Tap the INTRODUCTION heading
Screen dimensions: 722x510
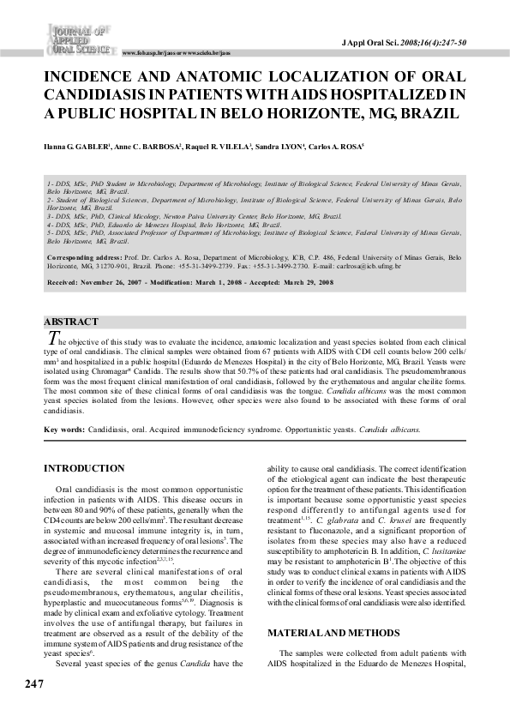84,468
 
